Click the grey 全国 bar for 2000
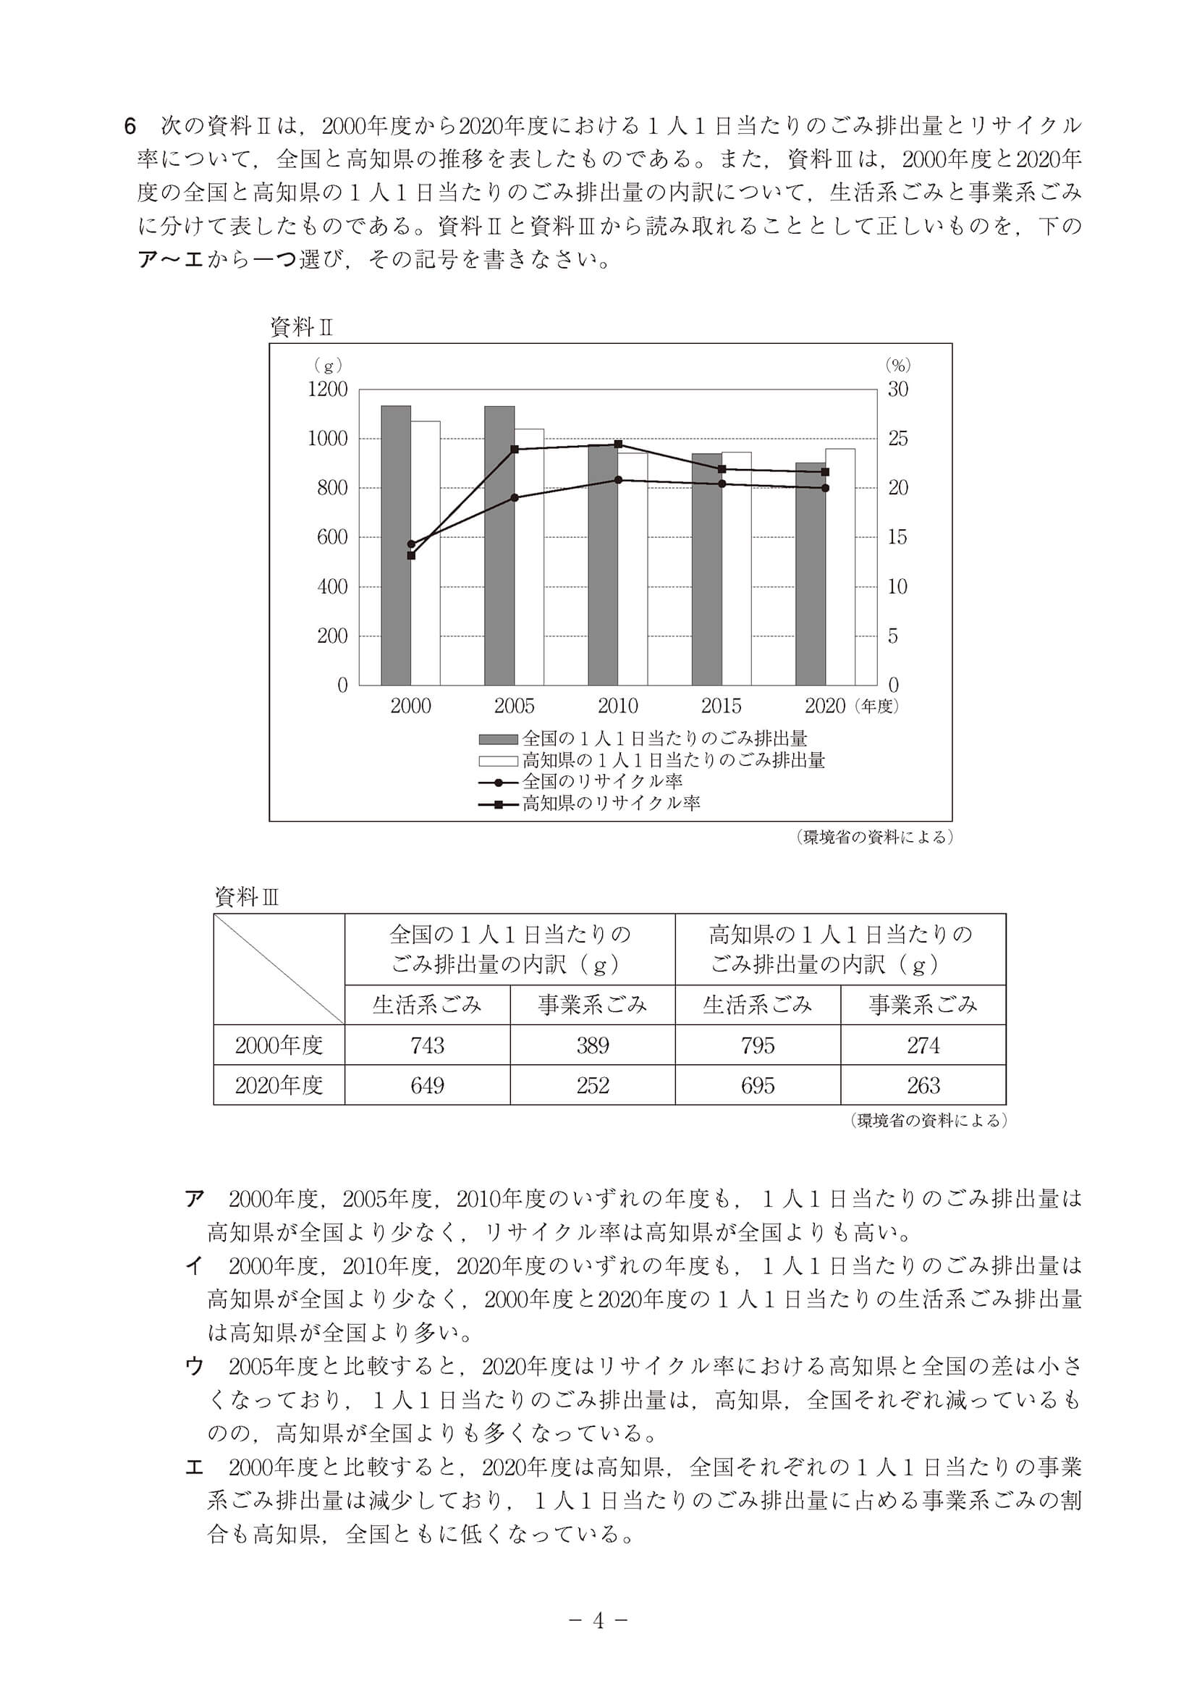coord(396,546)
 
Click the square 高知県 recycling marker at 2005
coord(515,449)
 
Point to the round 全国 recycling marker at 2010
coord(618,479)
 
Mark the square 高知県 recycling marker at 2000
coord(412,555)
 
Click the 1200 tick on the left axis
coord(327,389)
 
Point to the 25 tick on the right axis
coord(897,439)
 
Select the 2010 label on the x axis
coord(617,706)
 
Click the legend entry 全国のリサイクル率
coord(602,781)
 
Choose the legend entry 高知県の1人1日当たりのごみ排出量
coord(672,760)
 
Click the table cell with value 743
coord(427,1045)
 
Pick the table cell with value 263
coord(923,1084)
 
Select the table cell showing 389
coord(592,1045)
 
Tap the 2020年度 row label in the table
coord(279,1084)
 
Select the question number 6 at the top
coord(130,127)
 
